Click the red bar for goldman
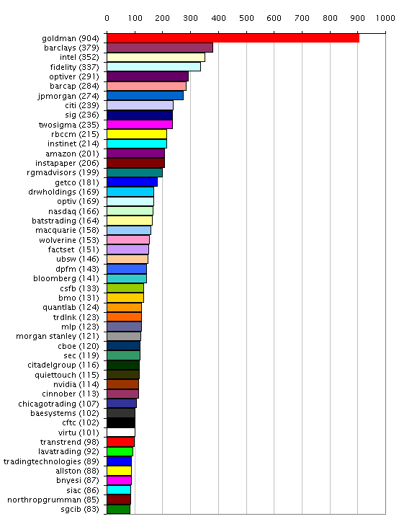pos(233,38)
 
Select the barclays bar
pos(160,48)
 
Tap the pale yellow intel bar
pos(156,57)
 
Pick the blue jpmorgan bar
pos(145,96)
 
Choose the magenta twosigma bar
pos(140,125)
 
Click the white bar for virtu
pos(121,432)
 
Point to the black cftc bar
pos(121,422)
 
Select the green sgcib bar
pos(118,509)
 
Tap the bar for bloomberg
pos(127,278)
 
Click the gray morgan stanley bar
pos(124,337)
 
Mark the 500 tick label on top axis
pos(246,18)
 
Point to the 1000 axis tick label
pos(385,18)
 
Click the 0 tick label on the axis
pos(107,18)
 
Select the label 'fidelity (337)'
pos(74,67)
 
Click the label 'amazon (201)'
pos(72,154)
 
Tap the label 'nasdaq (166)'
pos(73,211)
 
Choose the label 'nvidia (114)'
pos(76,384)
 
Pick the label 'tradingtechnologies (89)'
pos(51,461)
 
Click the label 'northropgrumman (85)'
pos(53,500)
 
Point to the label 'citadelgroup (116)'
pos(63,365)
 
